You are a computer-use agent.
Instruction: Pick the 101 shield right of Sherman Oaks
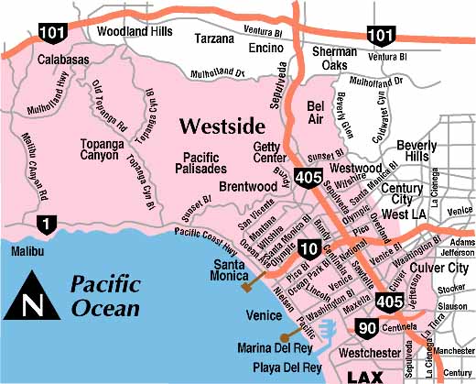[x=381, y=36]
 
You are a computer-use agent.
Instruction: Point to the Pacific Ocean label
[x=106, y=295]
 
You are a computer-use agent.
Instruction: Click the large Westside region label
[x=222, y=125]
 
